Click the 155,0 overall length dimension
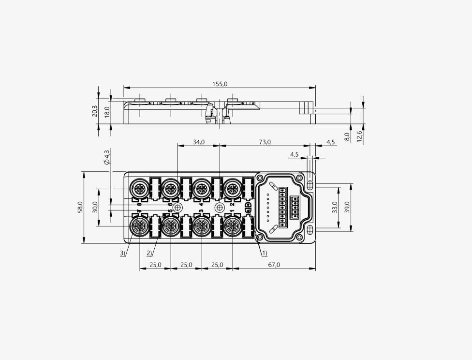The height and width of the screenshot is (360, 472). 220,84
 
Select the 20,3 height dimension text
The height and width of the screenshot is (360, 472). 94,111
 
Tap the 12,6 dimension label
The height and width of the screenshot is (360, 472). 359,136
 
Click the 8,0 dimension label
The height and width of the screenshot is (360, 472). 347,137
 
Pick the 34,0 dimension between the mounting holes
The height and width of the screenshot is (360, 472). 199,142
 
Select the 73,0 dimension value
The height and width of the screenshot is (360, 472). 265,142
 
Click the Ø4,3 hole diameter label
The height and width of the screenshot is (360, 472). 107,157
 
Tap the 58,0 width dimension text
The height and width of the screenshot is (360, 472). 80,207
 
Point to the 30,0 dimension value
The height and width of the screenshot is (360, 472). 95,207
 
